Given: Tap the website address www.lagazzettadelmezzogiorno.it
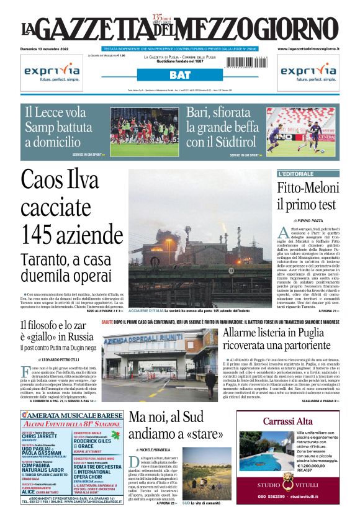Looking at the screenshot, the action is click(308, 48).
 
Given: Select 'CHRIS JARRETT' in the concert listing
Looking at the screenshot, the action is click(39, 436).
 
